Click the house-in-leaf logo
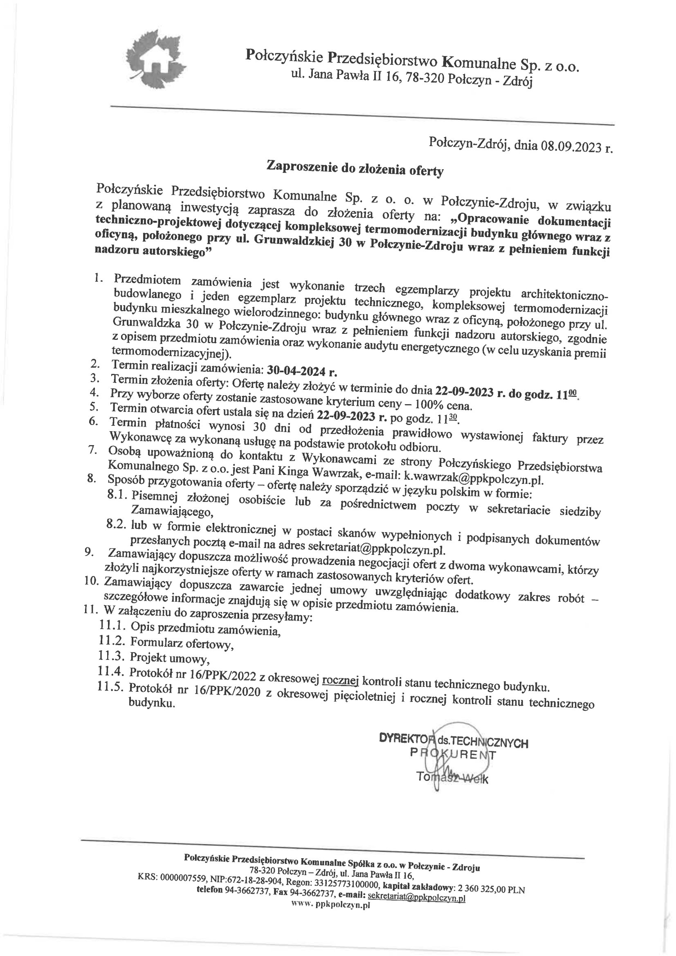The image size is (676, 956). tap(155, 60)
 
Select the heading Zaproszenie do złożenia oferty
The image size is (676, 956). tap(355, 169)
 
